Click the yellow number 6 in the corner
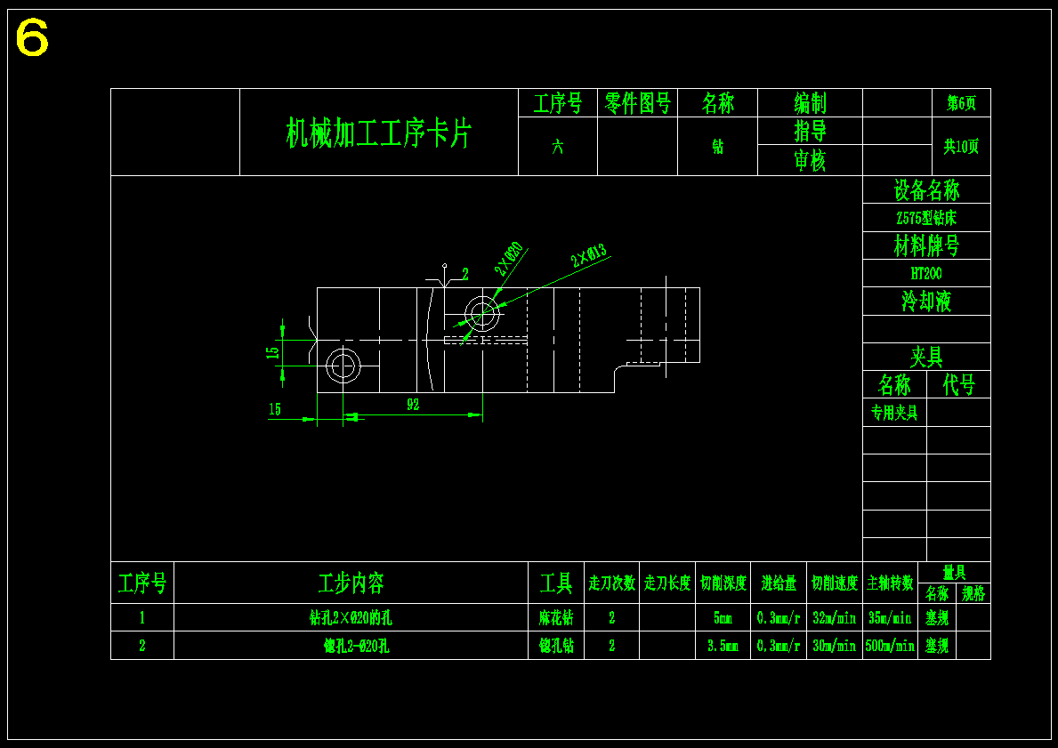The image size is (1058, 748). (32, 38)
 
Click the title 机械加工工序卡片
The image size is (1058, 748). (378, 133)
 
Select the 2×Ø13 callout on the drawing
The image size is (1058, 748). (589, 256)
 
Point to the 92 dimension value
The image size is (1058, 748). (413, 405)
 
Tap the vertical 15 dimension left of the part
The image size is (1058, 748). (273, 352)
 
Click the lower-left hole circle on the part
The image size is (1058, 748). (343, 365)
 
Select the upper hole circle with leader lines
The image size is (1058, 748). (481, 313)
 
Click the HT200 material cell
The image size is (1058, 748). (925, 273)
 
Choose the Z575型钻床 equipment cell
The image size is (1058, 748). (925, 218)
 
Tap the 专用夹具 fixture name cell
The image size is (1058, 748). (894, 413)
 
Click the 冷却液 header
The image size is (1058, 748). (925, 302)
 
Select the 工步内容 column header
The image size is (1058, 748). (351, 583)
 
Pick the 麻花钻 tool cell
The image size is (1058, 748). (556, 618)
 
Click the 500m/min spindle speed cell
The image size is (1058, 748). (890, 647)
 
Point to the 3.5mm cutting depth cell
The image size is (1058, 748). (723, 647)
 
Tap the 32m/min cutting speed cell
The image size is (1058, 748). (834, 618)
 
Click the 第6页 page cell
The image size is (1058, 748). (961, 103)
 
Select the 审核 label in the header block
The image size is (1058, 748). (810, 160)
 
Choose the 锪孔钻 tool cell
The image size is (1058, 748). (556, 647)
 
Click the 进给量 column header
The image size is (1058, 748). (779, 583)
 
